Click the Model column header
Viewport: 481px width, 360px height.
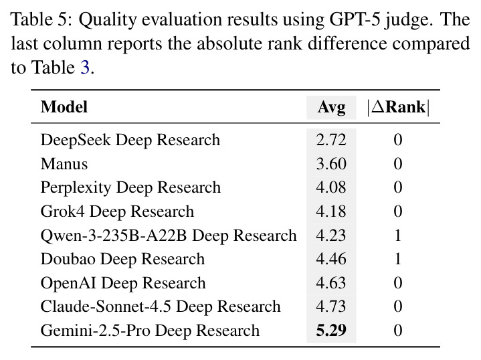coord(64,107)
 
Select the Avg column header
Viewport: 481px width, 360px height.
coord(331,108)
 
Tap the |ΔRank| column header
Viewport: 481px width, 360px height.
coord(398,107)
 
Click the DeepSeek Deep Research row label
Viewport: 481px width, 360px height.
coord(130,141)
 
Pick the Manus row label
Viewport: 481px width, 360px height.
coord(64,164)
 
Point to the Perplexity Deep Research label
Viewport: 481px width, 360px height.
coord(130,188)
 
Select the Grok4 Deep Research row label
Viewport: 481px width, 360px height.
coord(117,211)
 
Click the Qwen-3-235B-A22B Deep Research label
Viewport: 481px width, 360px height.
coord(169,236)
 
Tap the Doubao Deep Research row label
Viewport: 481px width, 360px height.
coord(122,260)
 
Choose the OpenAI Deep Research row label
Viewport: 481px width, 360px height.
coord(123,283)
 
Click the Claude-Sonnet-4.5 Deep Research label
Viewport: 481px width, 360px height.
coord(161,307)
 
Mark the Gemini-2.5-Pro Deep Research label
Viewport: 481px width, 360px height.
coord(150,331)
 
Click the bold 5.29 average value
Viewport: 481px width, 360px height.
coord(331,331)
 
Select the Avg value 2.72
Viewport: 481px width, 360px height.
coord(331,140)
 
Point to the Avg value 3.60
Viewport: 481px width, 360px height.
coord(331,164)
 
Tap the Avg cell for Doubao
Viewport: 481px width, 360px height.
coord(331,259)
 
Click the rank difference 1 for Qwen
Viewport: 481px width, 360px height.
coord(398,236)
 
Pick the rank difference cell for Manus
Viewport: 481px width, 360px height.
coord(398,164)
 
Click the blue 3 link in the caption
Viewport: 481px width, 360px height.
coord(85,68)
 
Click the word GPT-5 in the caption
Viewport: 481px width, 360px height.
coord(355,19)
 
